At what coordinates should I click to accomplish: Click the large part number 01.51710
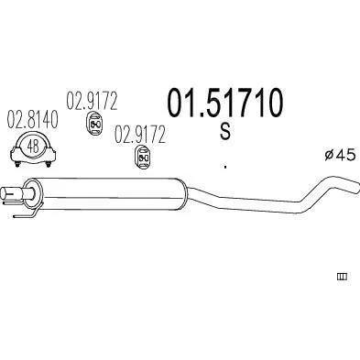225,103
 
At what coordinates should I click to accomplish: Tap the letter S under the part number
225,132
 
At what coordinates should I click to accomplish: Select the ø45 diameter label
340,155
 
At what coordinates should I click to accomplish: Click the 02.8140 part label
32,119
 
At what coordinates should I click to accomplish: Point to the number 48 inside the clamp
33,147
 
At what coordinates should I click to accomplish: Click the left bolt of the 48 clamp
17,164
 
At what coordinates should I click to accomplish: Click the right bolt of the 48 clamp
48,164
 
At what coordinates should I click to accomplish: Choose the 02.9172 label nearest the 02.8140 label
92,101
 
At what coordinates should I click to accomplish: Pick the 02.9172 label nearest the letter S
140,135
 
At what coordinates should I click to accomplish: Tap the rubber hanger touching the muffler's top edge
143,158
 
